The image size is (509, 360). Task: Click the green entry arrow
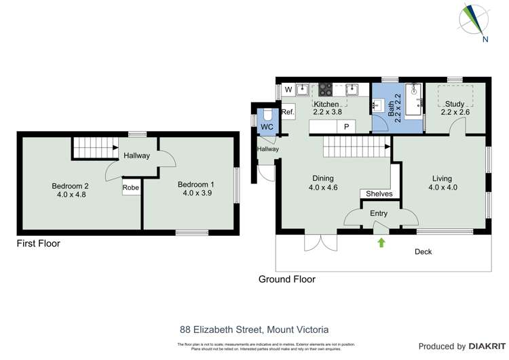[381, 242]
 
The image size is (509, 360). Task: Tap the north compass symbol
[474, 20]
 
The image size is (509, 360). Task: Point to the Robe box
[132, 187]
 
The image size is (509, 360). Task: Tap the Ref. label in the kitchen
[287, 112]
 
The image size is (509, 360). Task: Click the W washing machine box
[288, 90]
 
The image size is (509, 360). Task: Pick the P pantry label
[345, 126]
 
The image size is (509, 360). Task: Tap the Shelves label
[379, 194]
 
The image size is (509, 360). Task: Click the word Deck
[423, 252]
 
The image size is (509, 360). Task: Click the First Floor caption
[39, 243]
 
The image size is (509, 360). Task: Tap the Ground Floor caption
[286, 278]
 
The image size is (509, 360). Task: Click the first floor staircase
[86, 147]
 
